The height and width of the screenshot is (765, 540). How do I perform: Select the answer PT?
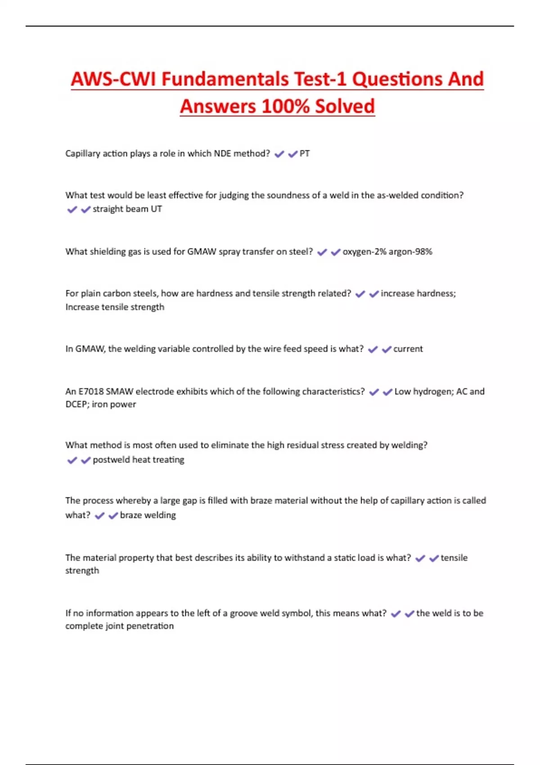(305, 154)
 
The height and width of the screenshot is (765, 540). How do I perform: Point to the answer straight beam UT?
(127, 209)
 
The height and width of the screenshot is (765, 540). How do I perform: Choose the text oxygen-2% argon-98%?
(387, 252)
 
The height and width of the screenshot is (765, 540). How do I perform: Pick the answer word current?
(408, 349)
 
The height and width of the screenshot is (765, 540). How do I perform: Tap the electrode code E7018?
(91, 391)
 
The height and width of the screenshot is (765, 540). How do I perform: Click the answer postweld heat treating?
(139, 460)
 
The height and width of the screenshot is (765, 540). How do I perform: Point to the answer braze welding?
(148, 515)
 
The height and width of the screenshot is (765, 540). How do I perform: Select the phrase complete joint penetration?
(119, 626)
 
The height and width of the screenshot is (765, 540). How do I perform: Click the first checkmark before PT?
(279, 154)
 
